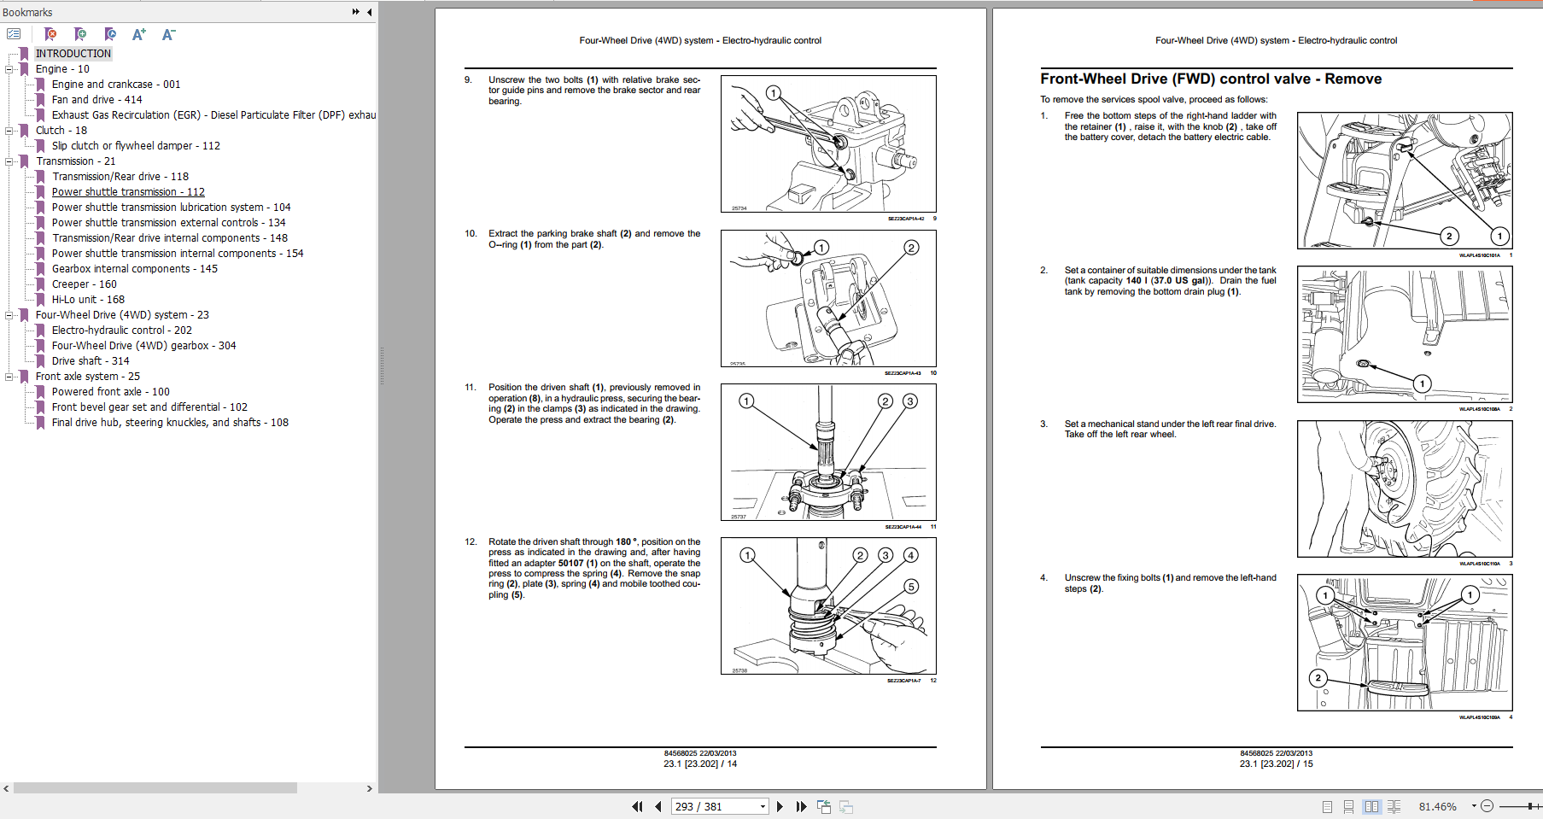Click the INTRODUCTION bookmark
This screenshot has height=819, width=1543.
click(73, 53)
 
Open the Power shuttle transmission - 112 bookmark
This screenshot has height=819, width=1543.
click(128, 192)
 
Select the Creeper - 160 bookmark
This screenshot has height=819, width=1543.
click(84, 284)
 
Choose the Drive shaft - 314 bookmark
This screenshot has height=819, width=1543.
click(90, 361)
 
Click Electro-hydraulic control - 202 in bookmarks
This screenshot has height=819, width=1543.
click(121, 331)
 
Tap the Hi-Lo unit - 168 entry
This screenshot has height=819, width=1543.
click(88, 300)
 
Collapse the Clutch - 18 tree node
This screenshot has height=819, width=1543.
click(9, 131)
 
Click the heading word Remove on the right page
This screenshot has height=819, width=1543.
click(1353, 79)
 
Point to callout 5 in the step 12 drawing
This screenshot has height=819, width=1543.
click(911, 587)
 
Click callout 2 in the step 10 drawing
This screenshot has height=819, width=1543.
click(911, 248)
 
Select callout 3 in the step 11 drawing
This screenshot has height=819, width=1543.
click(910, 401)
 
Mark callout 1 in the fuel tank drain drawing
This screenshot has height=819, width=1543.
click(1422, 383)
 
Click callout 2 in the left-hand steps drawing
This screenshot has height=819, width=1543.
click(1318, 678)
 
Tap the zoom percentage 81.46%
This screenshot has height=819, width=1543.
click(1437, 806)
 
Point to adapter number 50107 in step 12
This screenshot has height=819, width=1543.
click(570, 564)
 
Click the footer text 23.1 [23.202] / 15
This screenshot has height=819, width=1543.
click(1276, 763)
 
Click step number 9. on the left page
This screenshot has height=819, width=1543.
click(468, 79)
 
